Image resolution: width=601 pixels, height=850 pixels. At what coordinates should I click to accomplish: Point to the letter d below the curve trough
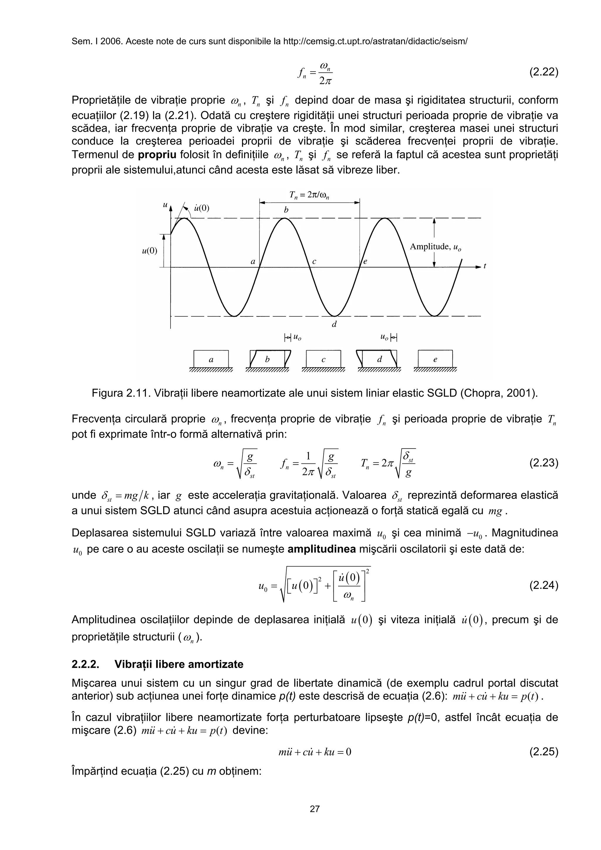pos(334,324)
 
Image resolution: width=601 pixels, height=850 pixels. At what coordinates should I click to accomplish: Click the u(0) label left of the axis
pos(150,251)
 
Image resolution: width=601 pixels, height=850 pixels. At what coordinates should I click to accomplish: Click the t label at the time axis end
pos(485,266)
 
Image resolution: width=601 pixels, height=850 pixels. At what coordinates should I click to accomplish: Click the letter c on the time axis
pos(314,261)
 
